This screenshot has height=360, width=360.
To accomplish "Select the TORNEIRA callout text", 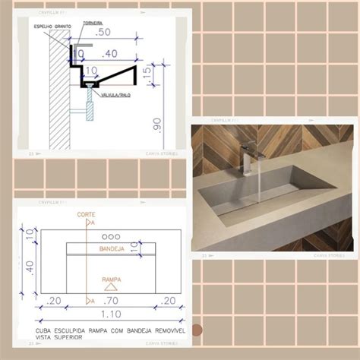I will click(93, 23).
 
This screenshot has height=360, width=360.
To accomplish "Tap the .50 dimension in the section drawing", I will click(102, 32).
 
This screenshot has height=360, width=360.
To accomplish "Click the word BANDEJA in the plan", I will click(111, 248).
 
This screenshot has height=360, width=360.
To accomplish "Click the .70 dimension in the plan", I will click(112, 301).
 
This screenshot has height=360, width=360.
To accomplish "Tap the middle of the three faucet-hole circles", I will click(111, 235).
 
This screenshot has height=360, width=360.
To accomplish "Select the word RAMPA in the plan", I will click(111, 279).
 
